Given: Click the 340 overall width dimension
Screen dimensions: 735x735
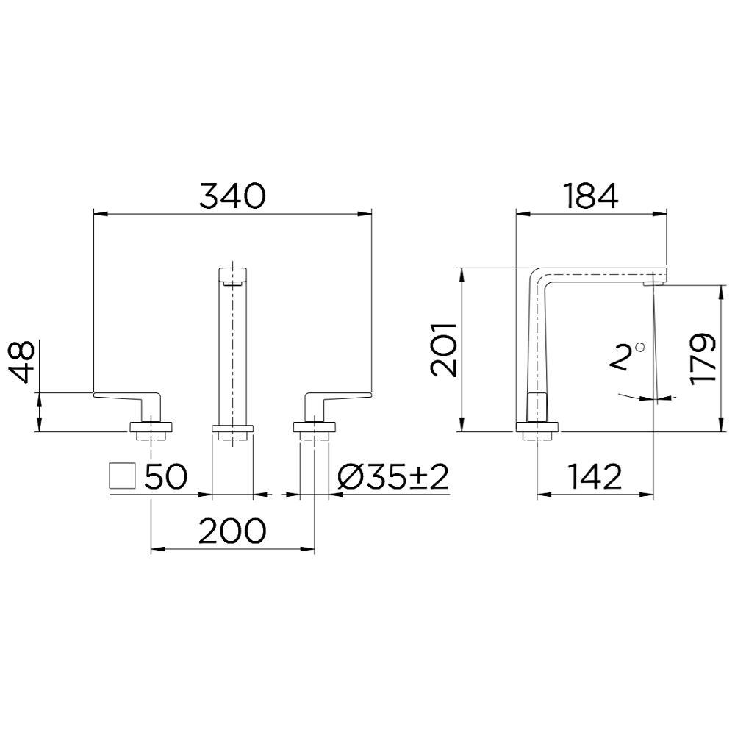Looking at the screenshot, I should tap(232, 196).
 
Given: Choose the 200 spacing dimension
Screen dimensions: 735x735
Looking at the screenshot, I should tap(232, 531).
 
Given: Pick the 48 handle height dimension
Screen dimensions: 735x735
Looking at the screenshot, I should tap(23, 362).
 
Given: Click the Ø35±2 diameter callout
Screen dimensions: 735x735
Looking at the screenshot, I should tap(392, 478).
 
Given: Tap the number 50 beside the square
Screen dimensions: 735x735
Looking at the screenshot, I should tap(166, 478).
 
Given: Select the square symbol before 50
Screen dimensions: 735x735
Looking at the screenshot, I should tap(122, 477).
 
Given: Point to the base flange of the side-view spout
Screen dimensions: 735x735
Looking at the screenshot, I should tap(537, 427).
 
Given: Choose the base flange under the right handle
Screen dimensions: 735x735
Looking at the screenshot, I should tap(315, 426).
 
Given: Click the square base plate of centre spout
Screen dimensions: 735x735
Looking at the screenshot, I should tap(232, 427).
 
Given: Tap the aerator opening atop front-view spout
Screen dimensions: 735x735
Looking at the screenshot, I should tap(232, 280).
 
